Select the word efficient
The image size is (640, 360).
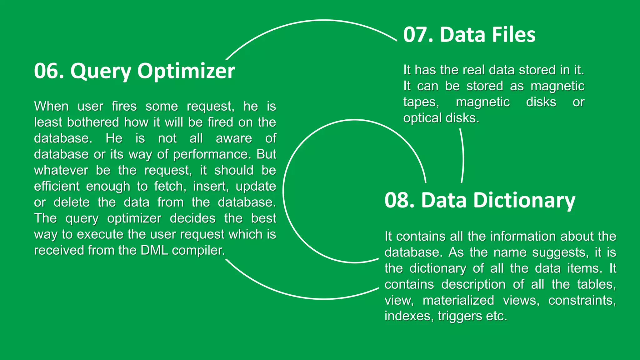click(x=57, y=186)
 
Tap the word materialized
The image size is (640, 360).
click(x=458, y=301)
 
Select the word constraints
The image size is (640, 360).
click(x=582, y=301)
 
